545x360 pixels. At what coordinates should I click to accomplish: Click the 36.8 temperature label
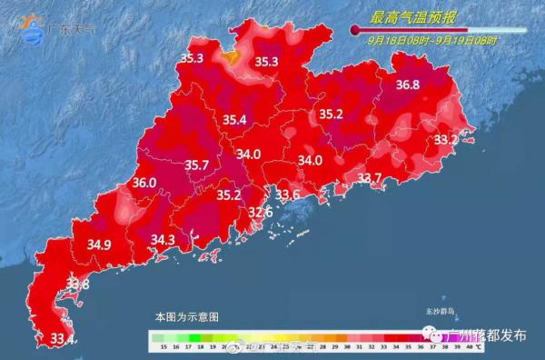pyautogui.click(x=408, y=85)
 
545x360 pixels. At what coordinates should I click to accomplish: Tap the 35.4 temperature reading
pyautogui.click(x=235, y=120)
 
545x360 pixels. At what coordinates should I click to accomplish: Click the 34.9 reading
pyautogui.click(x=99, y=245)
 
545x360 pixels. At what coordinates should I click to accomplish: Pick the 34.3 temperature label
pyautogui.click(x=163, y=240)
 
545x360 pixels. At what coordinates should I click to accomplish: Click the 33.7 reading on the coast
pyautogui.click(x=369, y=178)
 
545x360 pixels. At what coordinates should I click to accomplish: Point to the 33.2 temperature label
pyautogui.click(x=445, y=140)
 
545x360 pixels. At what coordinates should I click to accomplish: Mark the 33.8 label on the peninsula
pyautogui.click(x=78, y=285)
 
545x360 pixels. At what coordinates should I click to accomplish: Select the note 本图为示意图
pyautogui.click(x=186, y=317)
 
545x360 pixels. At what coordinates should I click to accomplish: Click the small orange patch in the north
pyautogui.click(x=233, y=56)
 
